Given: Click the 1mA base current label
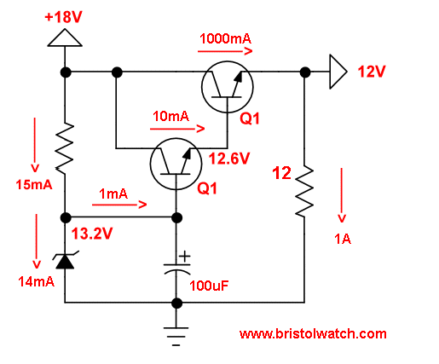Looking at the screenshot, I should coord(115,194).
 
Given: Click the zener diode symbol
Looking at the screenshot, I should coord(65,260).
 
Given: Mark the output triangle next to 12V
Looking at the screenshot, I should coord(338,72).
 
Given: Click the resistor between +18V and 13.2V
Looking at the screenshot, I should coord(65,147).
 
